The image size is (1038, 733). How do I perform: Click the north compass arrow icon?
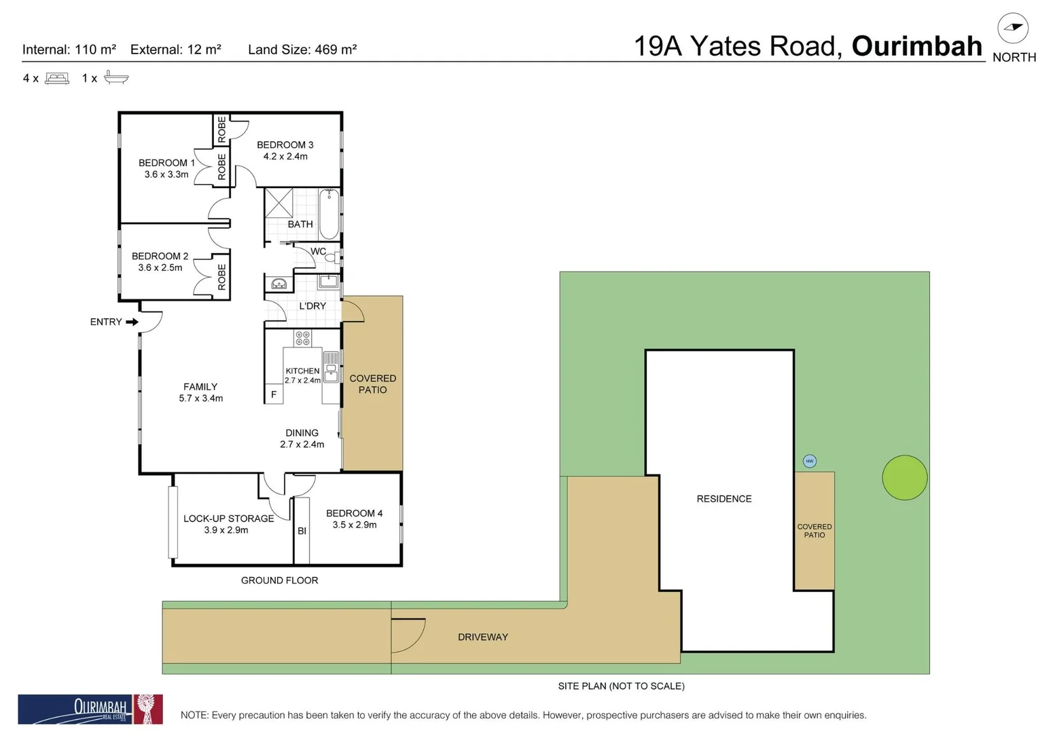coord(1012,28)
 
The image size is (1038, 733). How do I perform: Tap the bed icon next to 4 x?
coord(57,78)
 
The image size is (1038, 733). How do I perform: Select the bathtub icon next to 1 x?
coord(116,78)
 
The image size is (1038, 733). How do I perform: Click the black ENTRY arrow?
coord(132,322)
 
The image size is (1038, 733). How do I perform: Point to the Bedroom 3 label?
coord(285,145)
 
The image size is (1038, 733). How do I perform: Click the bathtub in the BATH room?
coord(329,214)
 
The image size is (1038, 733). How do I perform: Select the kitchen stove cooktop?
coord(302,337)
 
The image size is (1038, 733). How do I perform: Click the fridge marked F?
coord(274,394)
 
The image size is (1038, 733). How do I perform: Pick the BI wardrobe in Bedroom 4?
coord(302,531)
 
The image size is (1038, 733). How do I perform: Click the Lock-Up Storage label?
coord(228,519)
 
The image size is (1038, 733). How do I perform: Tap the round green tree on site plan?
coord(904,477)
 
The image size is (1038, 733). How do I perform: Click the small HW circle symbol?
coord(809,461)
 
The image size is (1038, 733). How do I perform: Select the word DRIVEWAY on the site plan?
coord(482,637)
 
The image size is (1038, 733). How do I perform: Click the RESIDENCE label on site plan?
coord(723,499)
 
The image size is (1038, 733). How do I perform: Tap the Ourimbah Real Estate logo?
coord(90,709)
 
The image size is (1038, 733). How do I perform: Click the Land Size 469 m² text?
coord(302,50)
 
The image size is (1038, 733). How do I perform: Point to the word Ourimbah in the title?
coord(916,46)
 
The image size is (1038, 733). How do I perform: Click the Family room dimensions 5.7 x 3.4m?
coord(200,398)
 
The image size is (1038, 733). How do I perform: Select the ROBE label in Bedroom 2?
coord(221,277)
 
